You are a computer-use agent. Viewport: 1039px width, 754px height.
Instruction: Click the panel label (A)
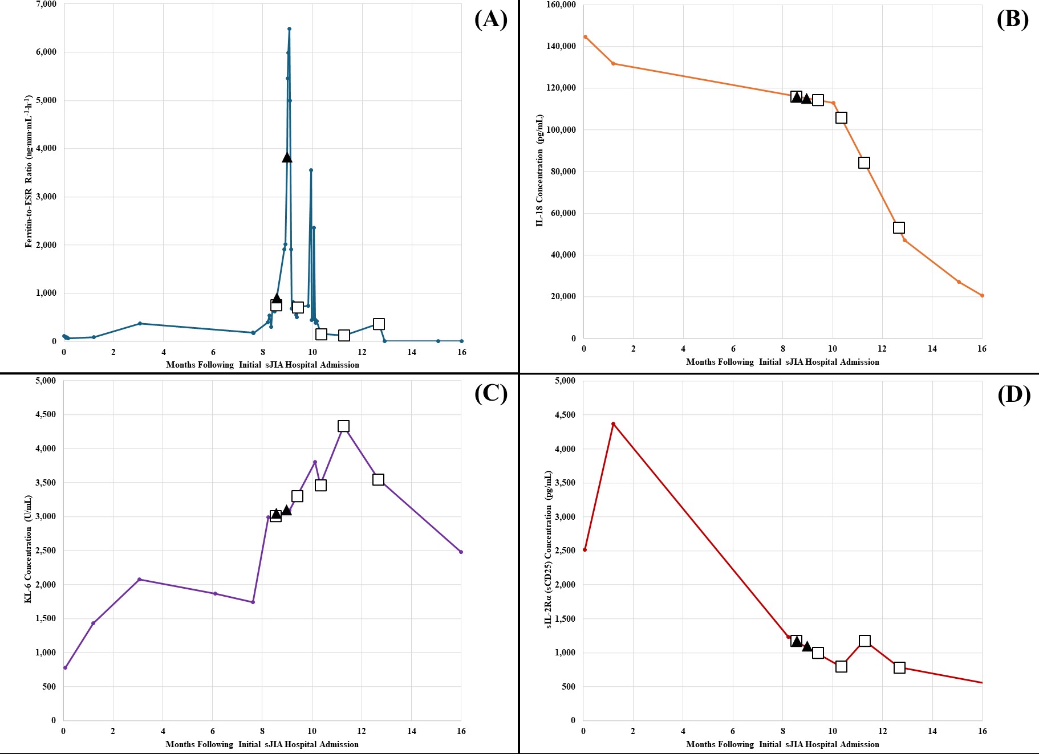tap(491, 19)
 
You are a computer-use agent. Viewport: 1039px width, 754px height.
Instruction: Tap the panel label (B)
tap(1013, 19)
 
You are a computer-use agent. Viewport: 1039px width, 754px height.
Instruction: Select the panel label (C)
tap(491, 393)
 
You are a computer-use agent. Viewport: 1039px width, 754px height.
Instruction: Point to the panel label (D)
tap(1014, 394)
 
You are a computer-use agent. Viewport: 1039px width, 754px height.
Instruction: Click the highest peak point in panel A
tap(289, 28)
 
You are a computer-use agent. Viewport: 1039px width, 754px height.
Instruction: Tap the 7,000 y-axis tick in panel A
tap(46, 4)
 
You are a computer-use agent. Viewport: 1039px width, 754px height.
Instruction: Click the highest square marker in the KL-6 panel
tap(343, 426)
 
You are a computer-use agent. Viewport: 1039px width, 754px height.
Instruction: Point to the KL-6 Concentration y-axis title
tap(28, 549)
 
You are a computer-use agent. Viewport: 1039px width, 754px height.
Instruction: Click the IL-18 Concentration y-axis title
tap(539, 170)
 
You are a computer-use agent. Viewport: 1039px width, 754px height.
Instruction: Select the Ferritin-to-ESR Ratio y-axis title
tap(28, 171)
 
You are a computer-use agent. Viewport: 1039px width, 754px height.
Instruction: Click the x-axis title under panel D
tap(782, 744)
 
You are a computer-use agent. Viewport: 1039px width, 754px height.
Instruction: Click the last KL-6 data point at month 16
tap(461, 552)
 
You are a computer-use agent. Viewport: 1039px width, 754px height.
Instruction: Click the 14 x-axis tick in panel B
tap(932, 349)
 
